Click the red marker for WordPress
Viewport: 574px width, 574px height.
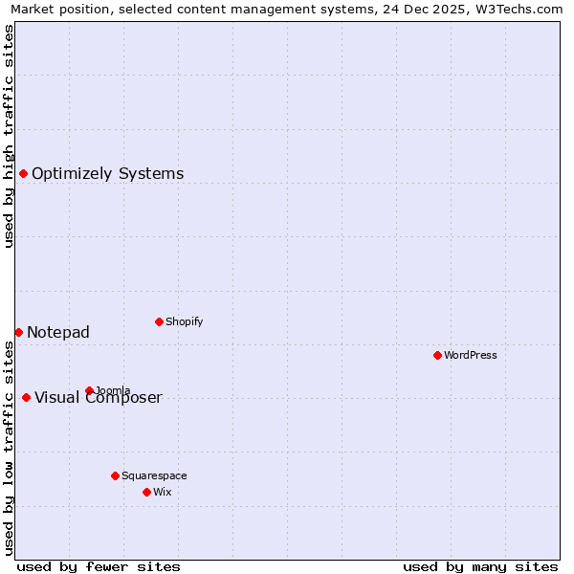(x=437, y=355)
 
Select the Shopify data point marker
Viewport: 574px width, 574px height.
(x=159, y=321)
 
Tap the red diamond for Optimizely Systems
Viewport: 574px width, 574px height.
(x=23, y=173)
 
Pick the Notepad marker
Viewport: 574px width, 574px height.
(x=18, y=332)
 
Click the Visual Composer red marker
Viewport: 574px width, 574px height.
(x=26, y=397)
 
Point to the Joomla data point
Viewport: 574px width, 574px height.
(x=89, y=390)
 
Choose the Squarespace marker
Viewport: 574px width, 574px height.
(x=115, y=475)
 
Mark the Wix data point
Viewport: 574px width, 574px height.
(x=146, y=492)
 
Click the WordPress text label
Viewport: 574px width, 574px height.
(x=471, y=355)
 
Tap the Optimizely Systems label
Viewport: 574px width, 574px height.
(x=107, y=173)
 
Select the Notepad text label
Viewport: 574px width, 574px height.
(x=58, y=332)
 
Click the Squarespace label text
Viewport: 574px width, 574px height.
(x=154, y=475)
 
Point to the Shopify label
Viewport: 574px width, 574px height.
(x=184, y=321)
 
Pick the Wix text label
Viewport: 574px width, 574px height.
(x=162, y=492)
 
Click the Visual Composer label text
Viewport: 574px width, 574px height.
(x=99, y=398)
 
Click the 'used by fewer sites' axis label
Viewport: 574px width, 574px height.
(x=99, y=566)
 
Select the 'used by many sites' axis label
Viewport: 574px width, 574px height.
(x=480, y=566)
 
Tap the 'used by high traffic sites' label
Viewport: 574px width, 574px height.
(x=10, y=136)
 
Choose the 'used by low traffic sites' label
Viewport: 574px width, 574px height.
(x=10, y=448)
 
